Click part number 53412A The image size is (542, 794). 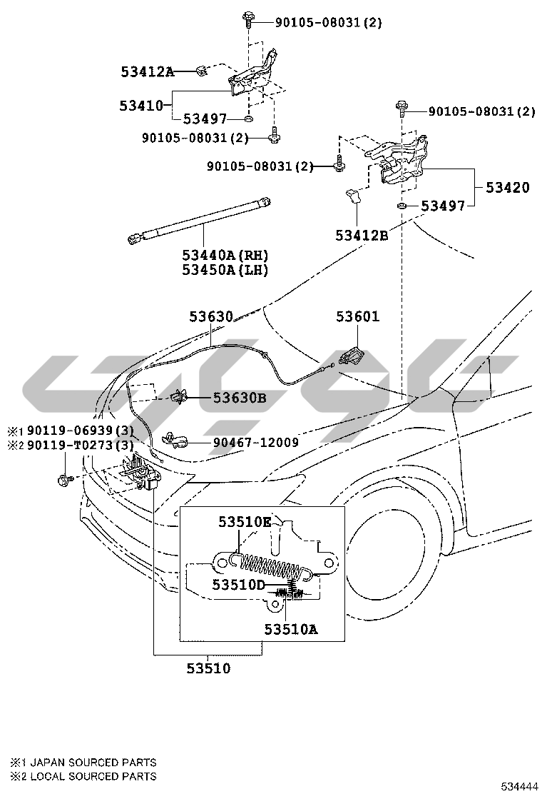coord(147,71)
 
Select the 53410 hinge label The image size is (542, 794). coord(142,106)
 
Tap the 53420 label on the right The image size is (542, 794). coord(508,188)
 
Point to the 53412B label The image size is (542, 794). coord(362,235)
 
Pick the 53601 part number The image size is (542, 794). coord(359,316)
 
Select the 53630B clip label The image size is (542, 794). coord(240,398)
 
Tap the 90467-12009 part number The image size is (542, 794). coord(255,443)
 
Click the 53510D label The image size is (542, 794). coord(238,585)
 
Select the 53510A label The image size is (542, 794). coord(290,629)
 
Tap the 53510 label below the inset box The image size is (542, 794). coord(208,669)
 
